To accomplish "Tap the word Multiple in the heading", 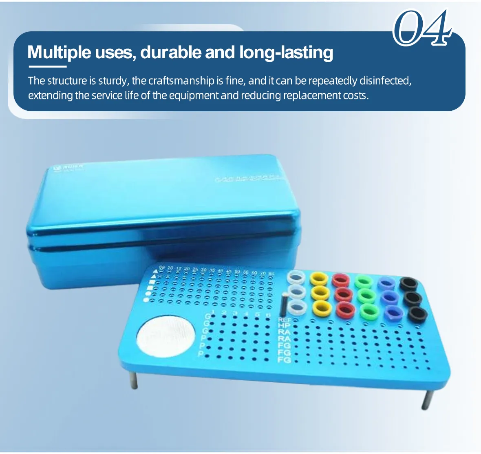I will click(59, 53).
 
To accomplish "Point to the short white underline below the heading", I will click(46, 66).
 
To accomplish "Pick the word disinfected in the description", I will click(385, 81).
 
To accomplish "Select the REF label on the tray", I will click(284, 320).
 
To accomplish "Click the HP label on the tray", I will click(284, 326).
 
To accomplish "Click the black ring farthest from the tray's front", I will click(408, 283).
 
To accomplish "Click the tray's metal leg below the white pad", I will click(134, 379).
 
